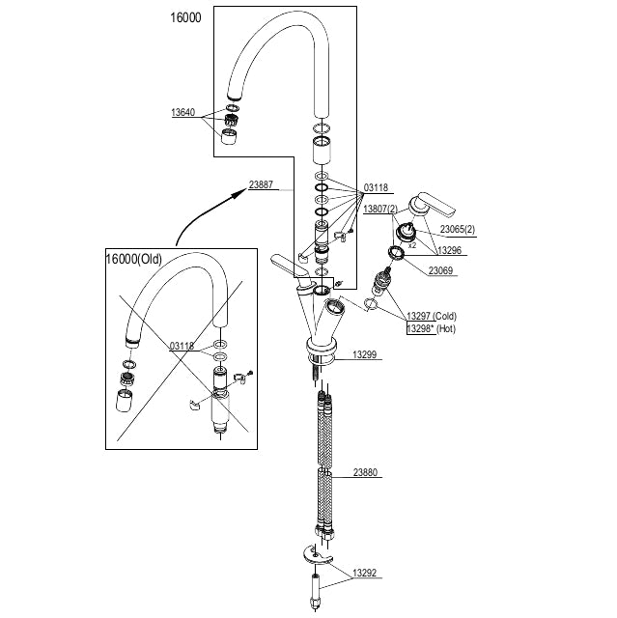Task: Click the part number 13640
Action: coord(182,112)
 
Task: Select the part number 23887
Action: coord(261,183)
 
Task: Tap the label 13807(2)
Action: coord(379,209)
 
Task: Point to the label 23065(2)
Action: coord(457,230)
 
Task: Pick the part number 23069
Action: coord(441,270)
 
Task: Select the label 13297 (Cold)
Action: coord(430,316)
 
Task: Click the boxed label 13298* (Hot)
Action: coord(430,329)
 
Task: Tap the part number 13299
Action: coord(364,354)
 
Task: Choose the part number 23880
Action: coord(364,473)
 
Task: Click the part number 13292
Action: coord(364,573)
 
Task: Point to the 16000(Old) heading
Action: coord(135,259)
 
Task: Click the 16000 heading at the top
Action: coord(184,18)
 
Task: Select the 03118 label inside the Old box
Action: coord(182,345)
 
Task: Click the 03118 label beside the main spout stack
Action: coord(376,188)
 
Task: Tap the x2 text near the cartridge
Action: coord(411,245)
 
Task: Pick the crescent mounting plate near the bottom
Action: coord(316,554)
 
